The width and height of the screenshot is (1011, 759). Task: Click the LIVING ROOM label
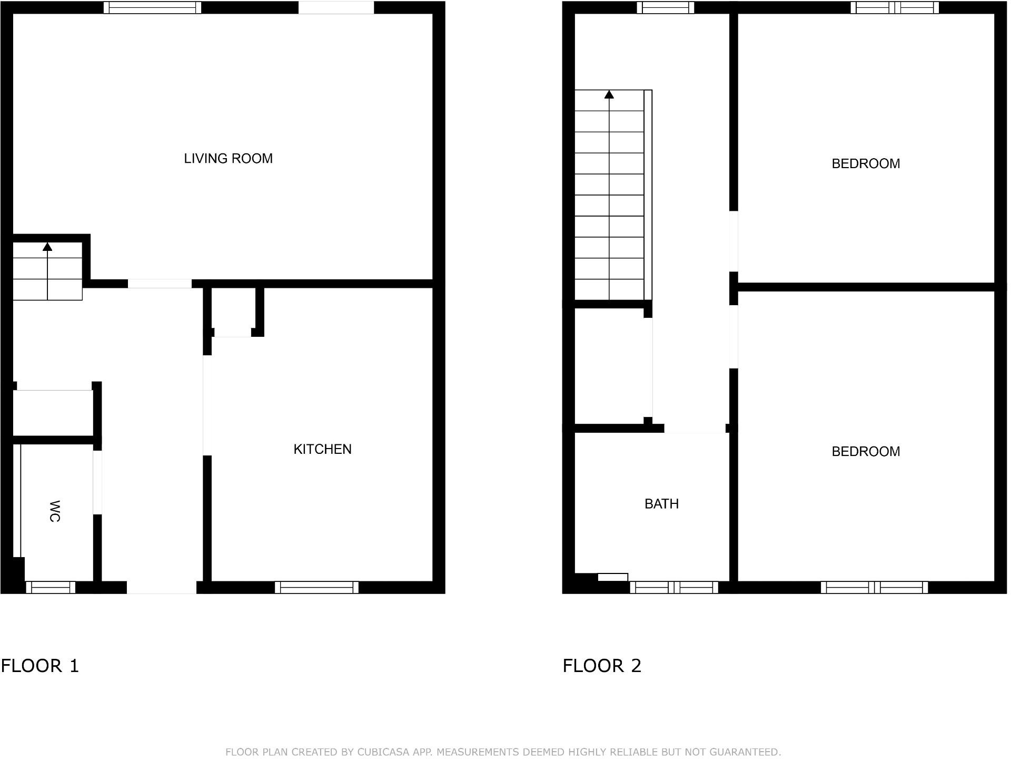pyautogui.click(x=228, y=159)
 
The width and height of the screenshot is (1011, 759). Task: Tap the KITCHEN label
pyautogui.click(x=322, y=449)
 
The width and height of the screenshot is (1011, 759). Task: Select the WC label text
pyautogui.click(x=54, y=511)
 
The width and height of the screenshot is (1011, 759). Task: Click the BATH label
pyautogui.click(x=661, y=504)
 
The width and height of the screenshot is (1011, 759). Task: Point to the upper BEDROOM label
pyautogui.click(x=866, y=164)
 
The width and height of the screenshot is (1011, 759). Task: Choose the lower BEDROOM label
pyautogui.click(x=866, y=452)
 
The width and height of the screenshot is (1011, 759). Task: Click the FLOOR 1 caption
pyautogui.click(x=40, y=666)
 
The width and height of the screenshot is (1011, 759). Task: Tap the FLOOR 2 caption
pyautogui.click(x=602, y=666)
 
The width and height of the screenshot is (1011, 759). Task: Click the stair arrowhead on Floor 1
pyautogui.click(x=47, y=246)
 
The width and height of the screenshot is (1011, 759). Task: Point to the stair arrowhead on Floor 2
pyautogui.click(x=609, y=94)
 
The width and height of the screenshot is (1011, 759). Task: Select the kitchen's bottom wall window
pyautogui.click(x=316, y=587)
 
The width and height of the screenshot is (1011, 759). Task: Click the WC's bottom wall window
pyautogui.click(x=51, y=587)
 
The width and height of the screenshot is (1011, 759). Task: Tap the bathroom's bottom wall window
pyautogui.click(x=674, y=587)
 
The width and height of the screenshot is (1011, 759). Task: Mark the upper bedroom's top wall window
pyautogui.click(x=895, y=7)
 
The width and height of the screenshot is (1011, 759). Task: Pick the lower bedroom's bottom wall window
pyautogui.click(x=874, y=587)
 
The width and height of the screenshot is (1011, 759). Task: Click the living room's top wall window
pyautogui.click(x=152, y=7)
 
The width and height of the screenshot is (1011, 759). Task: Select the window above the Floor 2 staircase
pyautogui.click(x=666, y=7)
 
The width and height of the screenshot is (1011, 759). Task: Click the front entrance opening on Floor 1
pyautogui.click(x=162, y=587)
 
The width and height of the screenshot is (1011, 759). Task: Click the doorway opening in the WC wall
pyautogui.click(x=97, y=482)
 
